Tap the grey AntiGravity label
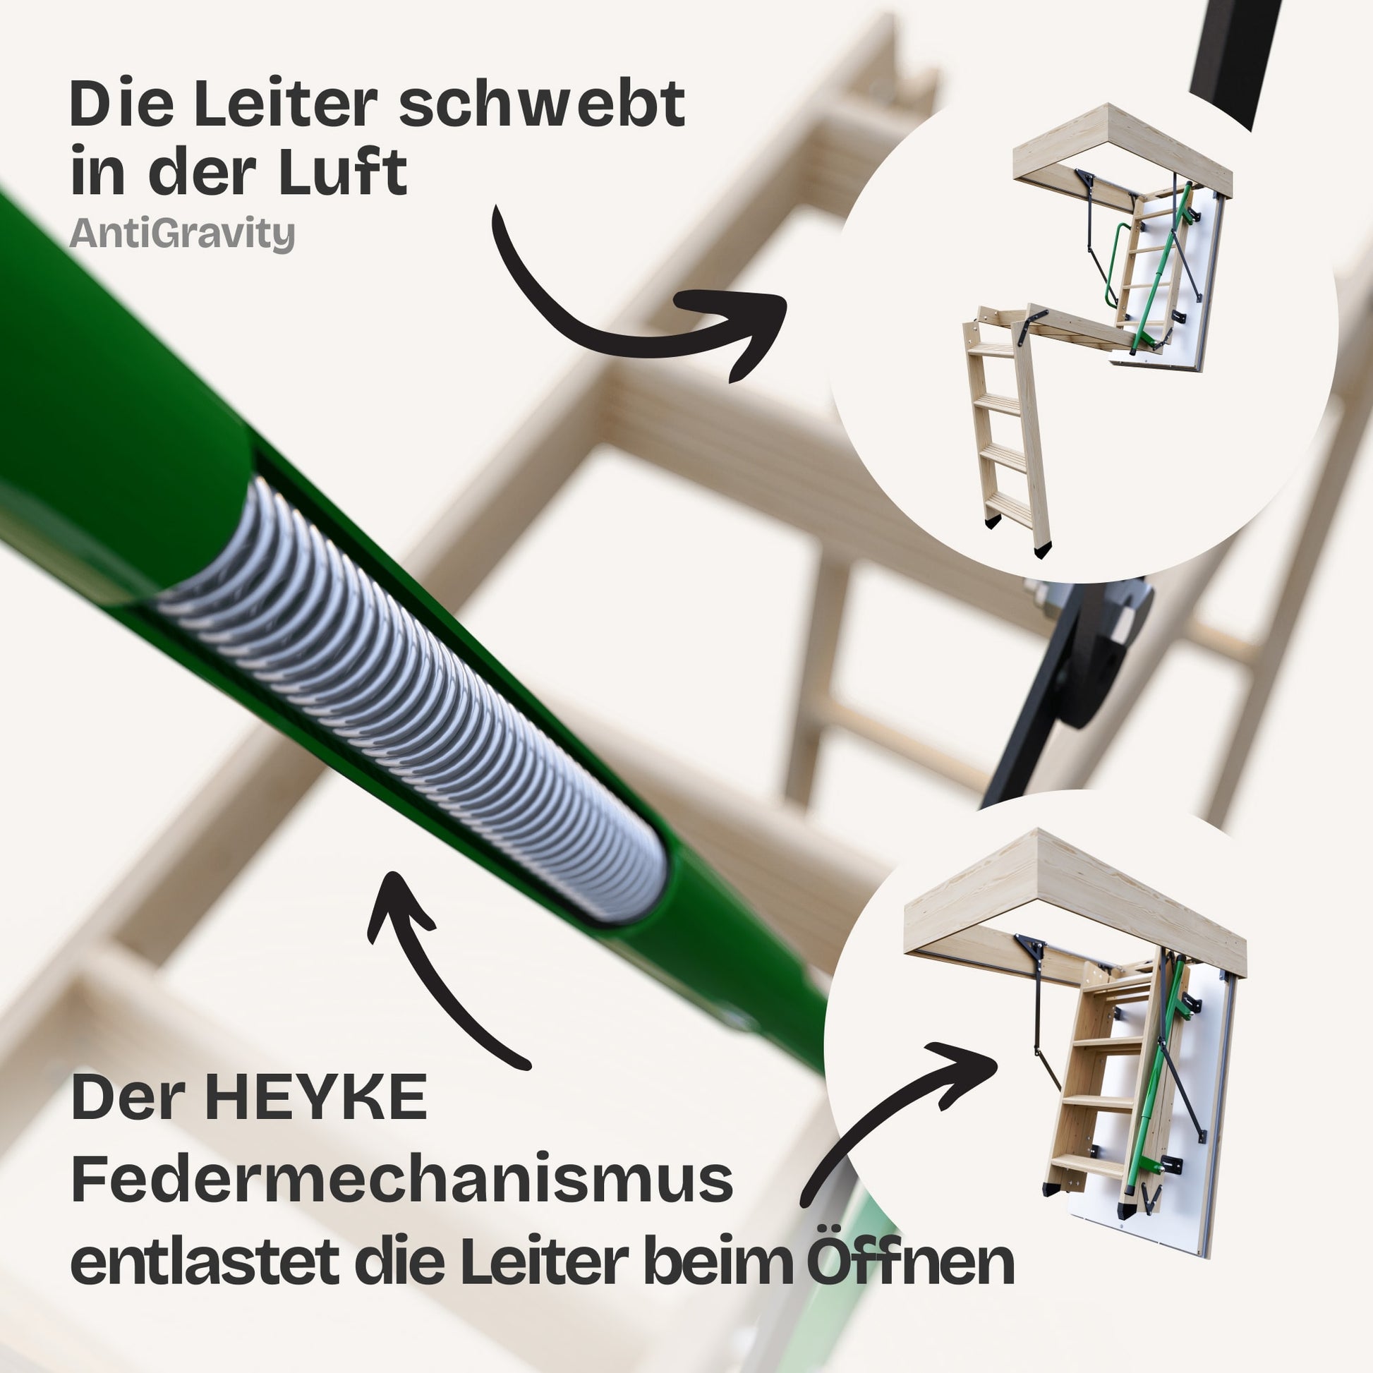[182, 233]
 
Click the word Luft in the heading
[341, 171]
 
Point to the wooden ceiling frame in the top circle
[1123, 152]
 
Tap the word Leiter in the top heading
[284, 104]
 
